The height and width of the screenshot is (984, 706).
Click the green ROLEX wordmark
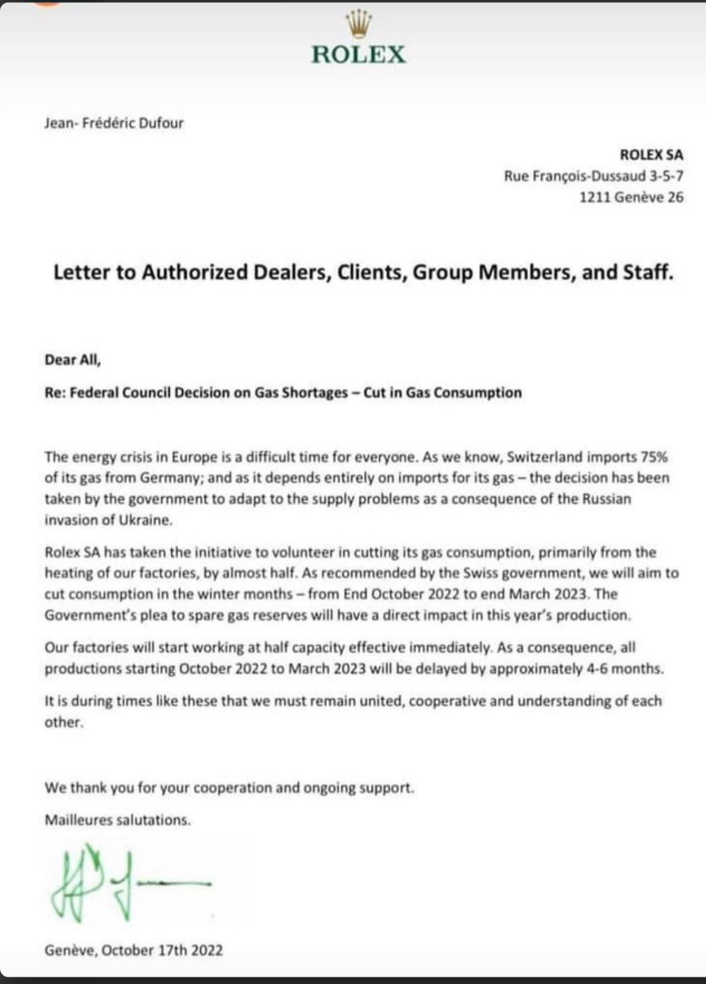pyautogui.click(x=359, y=55)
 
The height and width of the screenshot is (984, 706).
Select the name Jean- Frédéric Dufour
pyautogui.click(x=114, y=123)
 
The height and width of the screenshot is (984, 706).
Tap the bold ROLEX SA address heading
pyautogui.click(x=651, y=155)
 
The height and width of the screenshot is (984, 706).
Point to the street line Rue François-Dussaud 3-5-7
pyautogui.click(x=593, y=176)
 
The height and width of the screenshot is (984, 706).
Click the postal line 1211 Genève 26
pyautogui.click(x=631, y=197)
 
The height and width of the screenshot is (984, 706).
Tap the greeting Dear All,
pyautogui.click(x=72, y=360)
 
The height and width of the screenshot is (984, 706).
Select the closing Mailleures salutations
pyautogui.click(x=118, y=820)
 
